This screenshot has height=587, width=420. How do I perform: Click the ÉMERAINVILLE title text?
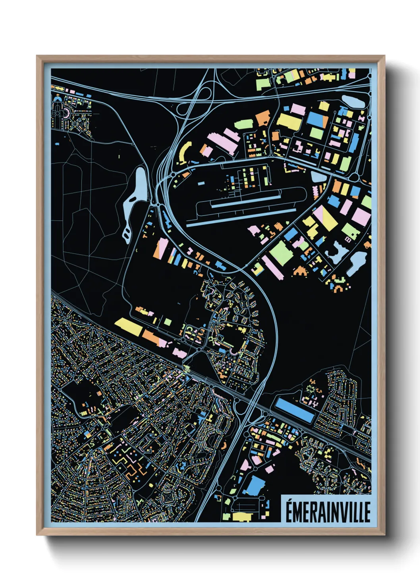328,512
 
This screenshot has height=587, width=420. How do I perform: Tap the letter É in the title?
290,512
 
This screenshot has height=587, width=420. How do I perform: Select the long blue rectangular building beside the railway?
295,410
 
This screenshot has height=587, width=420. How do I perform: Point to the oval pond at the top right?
353,101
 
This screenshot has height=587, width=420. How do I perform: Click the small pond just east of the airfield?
318,177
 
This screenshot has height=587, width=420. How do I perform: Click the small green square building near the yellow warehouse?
168,322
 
